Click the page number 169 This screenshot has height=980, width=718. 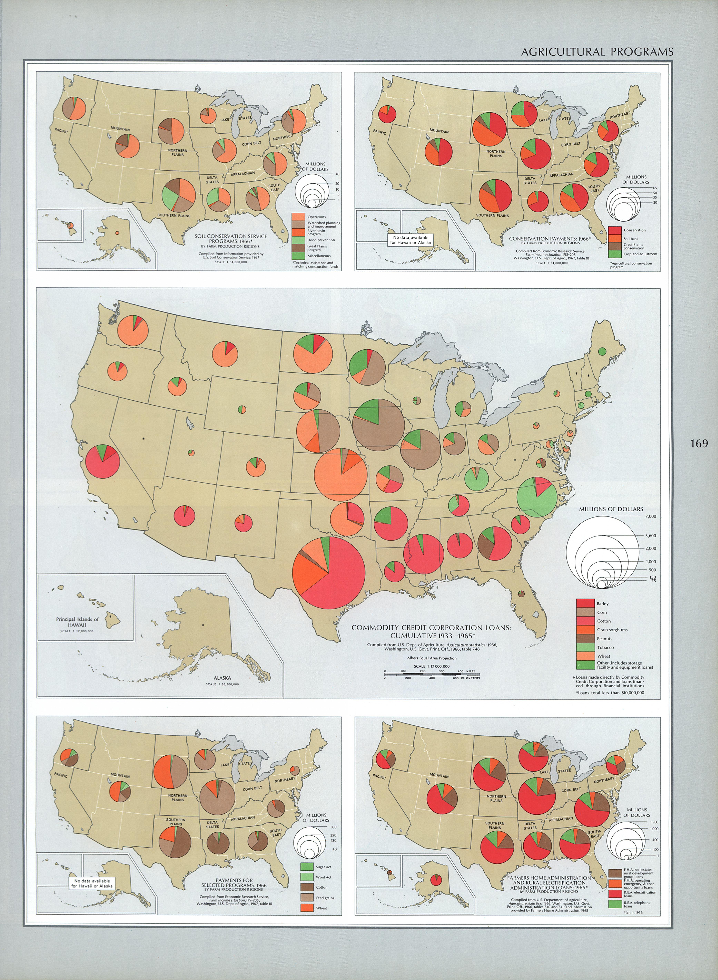pyautogui.click(x=699, y=443)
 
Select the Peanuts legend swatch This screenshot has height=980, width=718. pyautogui.click(x=585, y=638)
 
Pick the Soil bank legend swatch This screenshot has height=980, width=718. pyautogui.click(x=614, y=238)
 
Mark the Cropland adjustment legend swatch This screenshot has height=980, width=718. pyautogui.click(x=614, y=254)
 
